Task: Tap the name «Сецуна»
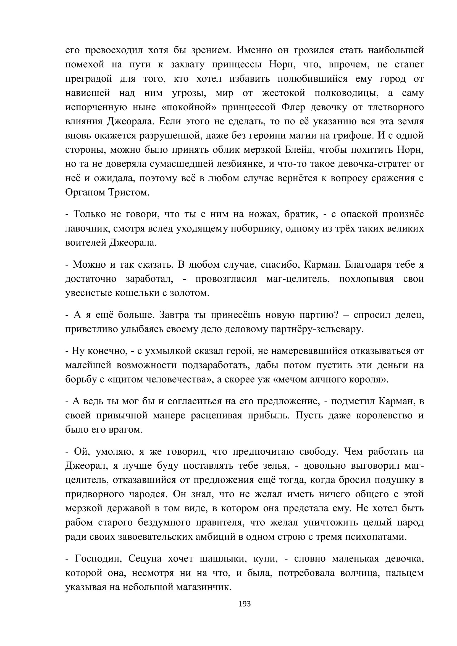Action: tap(145, 559)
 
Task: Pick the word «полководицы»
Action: tap(346, 93)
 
